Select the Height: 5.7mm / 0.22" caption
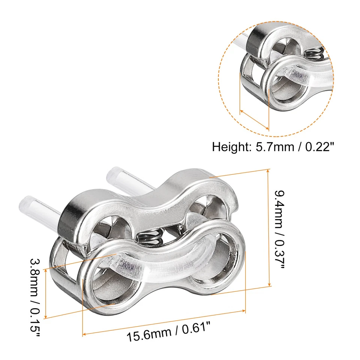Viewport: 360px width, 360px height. click(x=273, y=146)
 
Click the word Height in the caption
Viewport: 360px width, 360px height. click(x=229, y=146)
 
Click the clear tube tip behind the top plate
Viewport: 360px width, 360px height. click(x=114, y=173)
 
